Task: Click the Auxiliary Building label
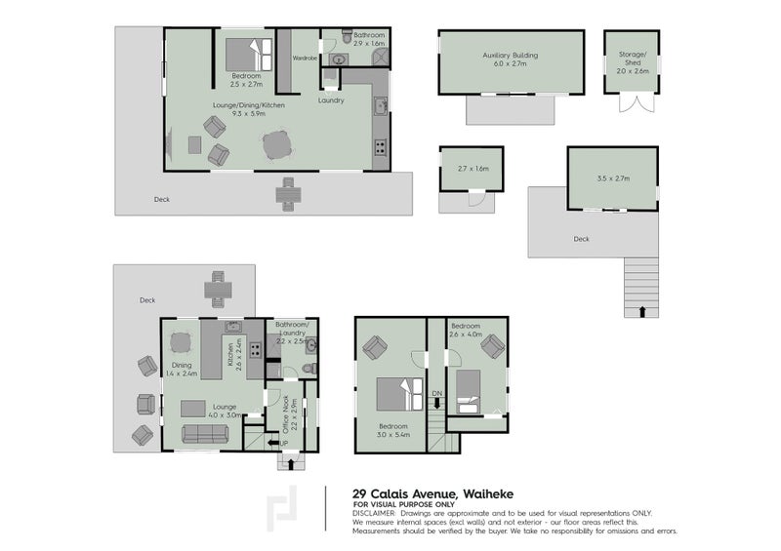(x=510, y=56)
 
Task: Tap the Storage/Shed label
(x=633, y=59)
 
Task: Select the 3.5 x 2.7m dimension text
(x=613, y=178)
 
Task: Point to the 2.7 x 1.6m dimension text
(x=473, y=169)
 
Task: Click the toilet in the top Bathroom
(x=348, y=36)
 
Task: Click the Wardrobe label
(x=305, y=59)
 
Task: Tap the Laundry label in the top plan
(x=331, y=100)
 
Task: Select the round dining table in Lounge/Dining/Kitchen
(x=276, y=145)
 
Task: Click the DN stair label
(x=436, y=393)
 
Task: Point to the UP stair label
(x=284, y=443)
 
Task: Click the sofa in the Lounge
(x=205, y=434)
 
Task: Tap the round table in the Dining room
(x=181, y=342)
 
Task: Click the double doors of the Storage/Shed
(x=637, y=102)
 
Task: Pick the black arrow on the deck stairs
(x=642, y=312)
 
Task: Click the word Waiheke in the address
(x=488, y=494)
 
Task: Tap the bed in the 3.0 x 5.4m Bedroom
(x=399, y=394)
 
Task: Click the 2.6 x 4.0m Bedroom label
(x=466, y=330)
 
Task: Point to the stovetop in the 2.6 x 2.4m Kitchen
(x=256, y=350)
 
